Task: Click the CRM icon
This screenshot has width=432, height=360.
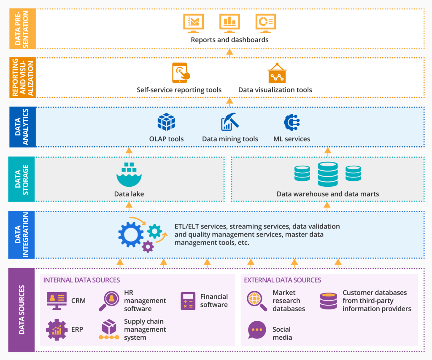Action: tap(56, 301)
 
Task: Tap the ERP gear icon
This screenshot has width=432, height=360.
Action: tap(56, 329)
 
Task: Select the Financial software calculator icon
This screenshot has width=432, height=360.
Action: tap(188, 301)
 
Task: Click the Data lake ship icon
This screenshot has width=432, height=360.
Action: tap(129, 175)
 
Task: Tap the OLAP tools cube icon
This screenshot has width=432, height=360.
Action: tap(166, 122)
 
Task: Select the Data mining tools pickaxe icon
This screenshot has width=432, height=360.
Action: tap(230, 122)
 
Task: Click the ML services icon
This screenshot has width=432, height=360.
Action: tap(292, 122)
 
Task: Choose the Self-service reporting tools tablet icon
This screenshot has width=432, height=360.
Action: tap(181, 73)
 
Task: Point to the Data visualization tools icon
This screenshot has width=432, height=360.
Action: tap(277, 73)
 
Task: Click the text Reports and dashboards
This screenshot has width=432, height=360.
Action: tap(229, 40)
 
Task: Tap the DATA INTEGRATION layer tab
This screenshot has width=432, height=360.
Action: tap(22, 234)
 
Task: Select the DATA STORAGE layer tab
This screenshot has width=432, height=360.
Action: tap(22, 179)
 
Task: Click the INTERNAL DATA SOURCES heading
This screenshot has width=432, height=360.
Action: tap(81, 280)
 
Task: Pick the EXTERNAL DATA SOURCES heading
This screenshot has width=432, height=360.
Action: tap(283, 280)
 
